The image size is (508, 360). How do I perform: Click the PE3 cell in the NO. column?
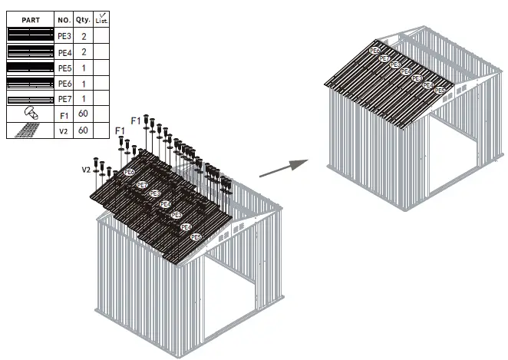click(x=64, y=36)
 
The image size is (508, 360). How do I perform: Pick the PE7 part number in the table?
click(x=64, y=99)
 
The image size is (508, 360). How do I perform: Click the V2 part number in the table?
click(x=64, y=131)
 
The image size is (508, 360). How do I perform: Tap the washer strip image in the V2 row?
click(x=30, y=130)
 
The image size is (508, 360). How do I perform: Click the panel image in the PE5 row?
click(x=30, y=68)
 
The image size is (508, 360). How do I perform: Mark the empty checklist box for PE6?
click(x=101, y=84)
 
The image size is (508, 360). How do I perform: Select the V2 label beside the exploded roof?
click(x=87, y=169)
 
